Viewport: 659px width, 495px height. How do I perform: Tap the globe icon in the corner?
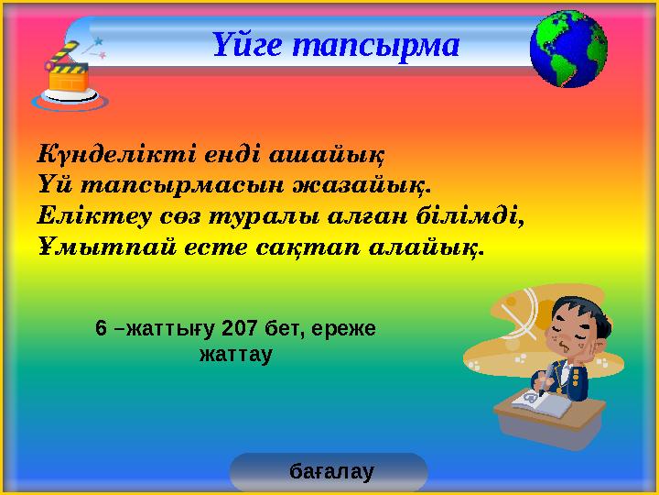(568, 49)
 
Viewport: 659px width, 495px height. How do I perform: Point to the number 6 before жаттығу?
(101, 328)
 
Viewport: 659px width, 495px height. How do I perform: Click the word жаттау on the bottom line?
(235, 353)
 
